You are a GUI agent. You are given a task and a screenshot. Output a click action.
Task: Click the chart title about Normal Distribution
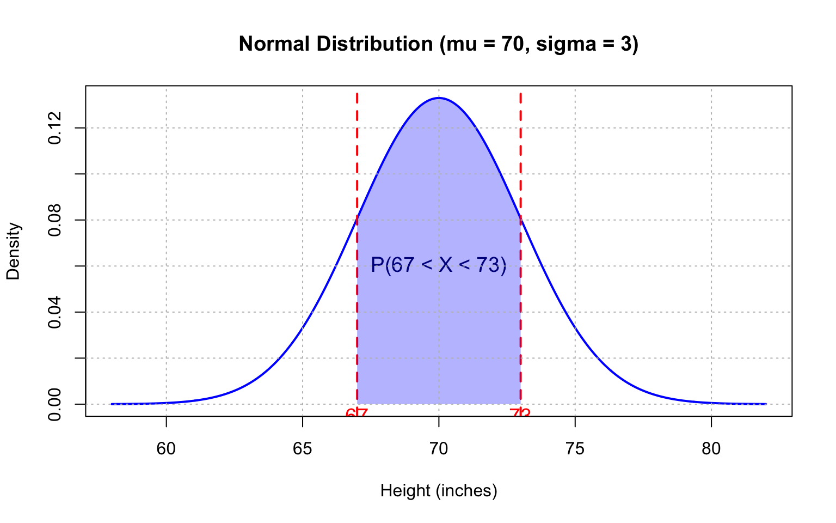[x=438, y=44]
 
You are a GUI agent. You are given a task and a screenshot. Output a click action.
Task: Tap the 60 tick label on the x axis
[x=166, y=449]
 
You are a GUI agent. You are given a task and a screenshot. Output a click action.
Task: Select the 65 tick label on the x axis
[x=302, y=449]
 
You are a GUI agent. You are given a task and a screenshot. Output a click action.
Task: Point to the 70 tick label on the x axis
[x=439, y=449]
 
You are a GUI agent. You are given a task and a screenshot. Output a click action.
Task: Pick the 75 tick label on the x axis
[x=575, y=449]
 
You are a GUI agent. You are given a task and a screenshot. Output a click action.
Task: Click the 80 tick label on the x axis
[x=711, y=449]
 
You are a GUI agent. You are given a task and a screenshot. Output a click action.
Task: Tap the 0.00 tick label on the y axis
[x=54, y=404]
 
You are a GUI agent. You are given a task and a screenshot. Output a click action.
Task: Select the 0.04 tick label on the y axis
[x=54, y=312]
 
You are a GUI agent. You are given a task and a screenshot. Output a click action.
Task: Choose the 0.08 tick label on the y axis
[x=54, y=220]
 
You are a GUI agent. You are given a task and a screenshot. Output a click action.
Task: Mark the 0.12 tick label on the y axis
[x=54, y=128]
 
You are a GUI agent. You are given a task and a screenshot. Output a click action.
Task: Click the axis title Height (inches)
[x=439, y=491]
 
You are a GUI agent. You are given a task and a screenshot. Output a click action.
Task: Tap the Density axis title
[x=13, y=251]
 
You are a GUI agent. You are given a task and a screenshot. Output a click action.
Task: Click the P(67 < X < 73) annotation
[x=439, y=265]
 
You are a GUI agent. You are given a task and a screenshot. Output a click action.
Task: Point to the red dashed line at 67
[x=357, y=163]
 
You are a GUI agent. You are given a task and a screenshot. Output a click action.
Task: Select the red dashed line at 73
[x=520, y=163]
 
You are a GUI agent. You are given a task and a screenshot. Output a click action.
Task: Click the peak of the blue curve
[x=439, y=98]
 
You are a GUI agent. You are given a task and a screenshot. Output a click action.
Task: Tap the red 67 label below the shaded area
[x=357, y=412]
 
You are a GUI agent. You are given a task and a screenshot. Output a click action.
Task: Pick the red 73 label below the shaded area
[x=520, y=412]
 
